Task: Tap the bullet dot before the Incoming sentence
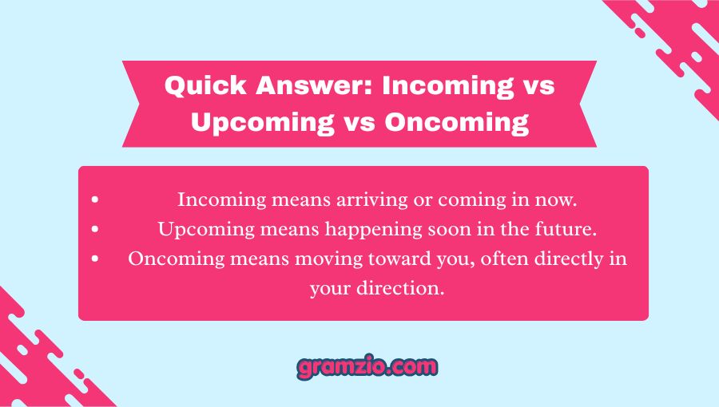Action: pos(96,200)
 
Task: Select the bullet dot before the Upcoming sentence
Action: pos(96,230)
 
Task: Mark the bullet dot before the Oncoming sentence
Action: pos(96,259)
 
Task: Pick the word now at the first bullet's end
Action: pos(558,200)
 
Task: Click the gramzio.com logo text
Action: pos(367,367)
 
